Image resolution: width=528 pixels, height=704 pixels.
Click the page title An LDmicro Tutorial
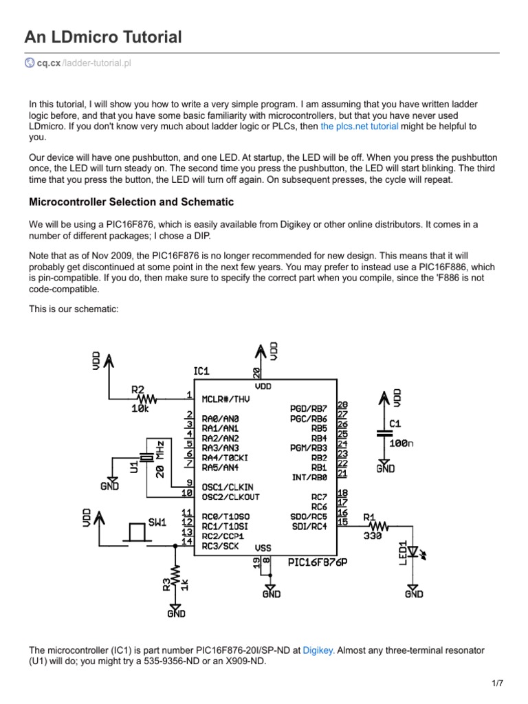point(103,37)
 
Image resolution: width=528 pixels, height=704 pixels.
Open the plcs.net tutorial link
point(359,126)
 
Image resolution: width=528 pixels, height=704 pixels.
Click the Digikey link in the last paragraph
point(318,650)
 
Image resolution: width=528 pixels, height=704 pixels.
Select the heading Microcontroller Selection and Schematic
point(131,202)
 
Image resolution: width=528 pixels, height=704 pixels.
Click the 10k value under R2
point(141,408)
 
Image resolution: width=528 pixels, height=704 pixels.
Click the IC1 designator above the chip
point(201,371)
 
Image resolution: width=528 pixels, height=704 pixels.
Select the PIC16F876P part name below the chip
point(317,562)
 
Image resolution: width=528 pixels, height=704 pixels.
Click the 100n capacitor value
point(401,443)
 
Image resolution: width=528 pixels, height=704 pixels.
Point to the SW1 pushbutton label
point(157,522)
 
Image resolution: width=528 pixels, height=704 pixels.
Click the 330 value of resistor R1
point(373,537)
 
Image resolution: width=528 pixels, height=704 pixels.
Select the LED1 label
point(404,554)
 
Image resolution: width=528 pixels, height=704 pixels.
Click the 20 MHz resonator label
point(159,459)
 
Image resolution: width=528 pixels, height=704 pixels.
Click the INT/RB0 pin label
point(310,476)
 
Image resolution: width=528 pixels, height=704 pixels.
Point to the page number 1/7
point(498,683)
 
